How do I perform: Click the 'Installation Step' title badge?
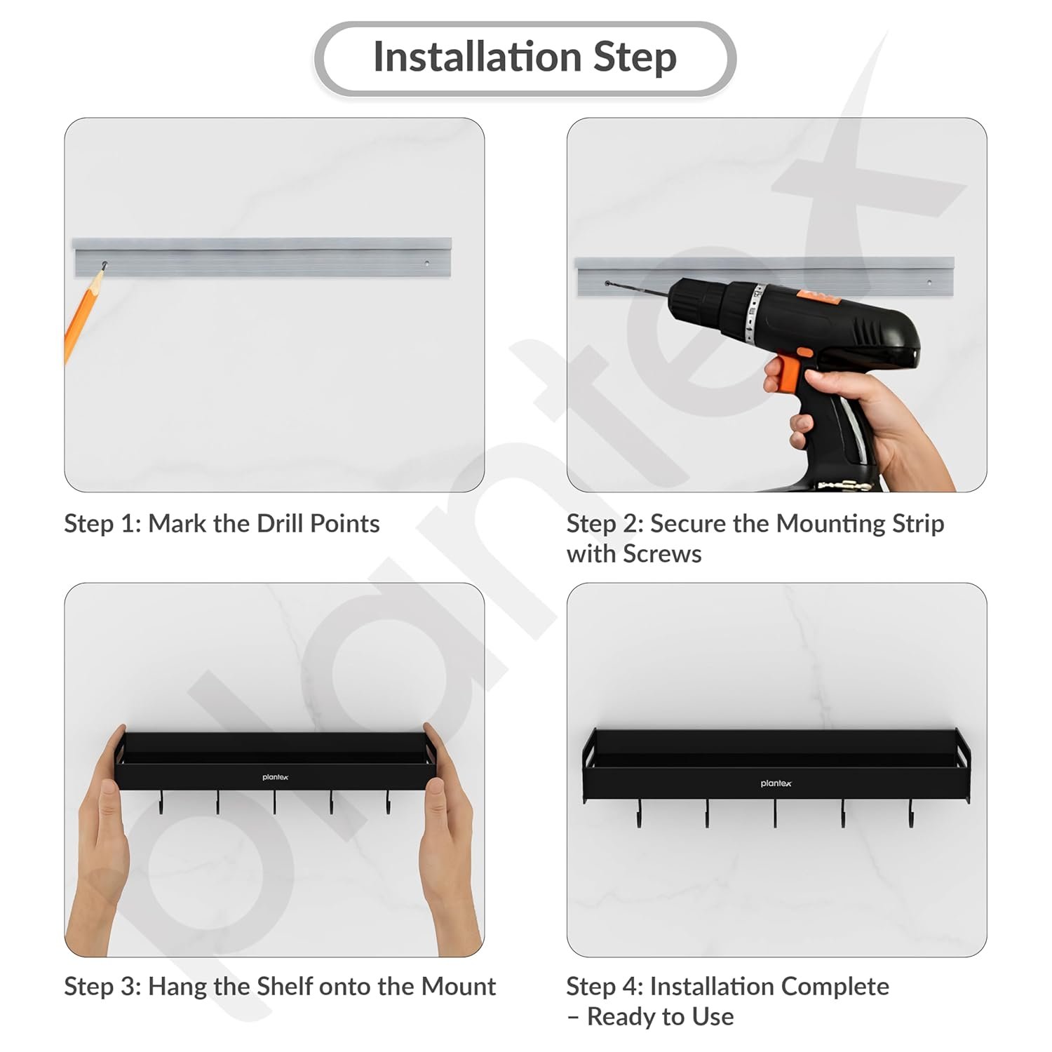(x=525, y=58)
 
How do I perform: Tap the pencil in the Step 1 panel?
(x=83, y=313)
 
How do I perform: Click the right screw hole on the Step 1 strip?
(x=427, y=264)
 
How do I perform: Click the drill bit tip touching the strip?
(x=607, y=283)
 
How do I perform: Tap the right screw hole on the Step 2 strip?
(x=929, y=283)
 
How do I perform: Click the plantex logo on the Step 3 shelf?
(x=276, y=777)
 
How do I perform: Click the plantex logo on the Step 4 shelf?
(x=776, y=783)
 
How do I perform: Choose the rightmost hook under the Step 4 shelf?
(x=911, y=813)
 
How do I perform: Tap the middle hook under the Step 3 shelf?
(x=274, y=802)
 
